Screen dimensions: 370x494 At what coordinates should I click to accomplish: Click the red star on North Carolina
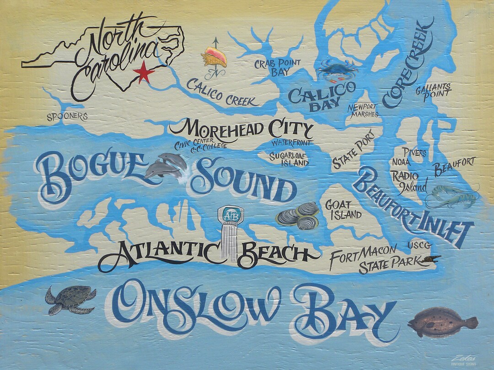[x=144, y=73]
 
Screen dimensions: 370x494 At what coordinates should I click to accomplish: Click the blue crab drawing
[x=337, y=69]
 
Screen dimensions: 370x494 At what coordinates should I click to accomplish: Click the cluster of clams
[x=298, y=216]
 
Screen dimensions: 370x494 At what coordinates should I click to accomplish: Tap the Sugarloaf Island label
[x=289, y=159]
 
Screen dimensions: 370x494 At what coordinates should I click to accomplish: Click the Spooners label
[x=67, y=116]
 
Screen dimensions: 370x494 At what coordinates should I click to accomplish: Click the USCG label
[x=419, y=246]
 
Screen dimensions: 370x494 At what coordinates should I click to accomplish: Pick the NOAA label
[x=401, y=162]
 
